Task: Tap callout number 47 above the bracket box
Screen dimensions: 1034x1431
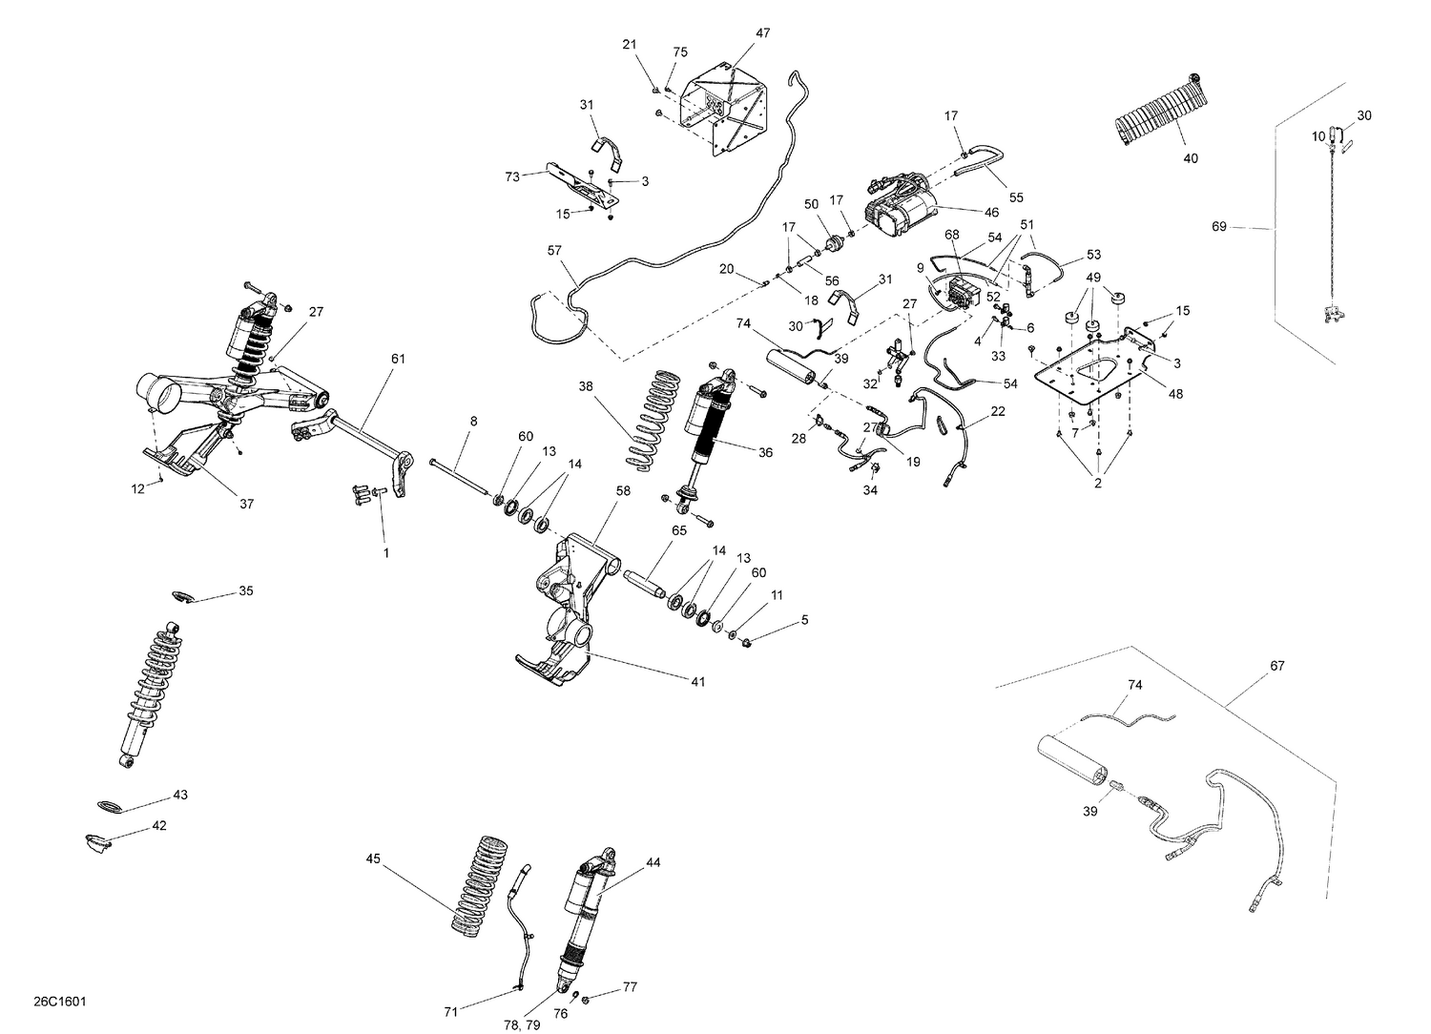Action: [x=762, y=33]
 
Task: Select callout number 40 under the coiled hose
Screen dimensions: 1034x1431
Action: [x=1190, y=158]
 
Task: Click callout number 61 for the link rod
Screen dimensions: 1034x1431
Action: [x=398, y=359]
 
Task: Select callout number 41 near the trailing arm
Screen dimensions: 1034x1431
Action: [x=698, y=681]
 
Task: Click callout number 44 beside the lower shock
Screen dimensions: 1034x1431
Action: [x=653, y=862]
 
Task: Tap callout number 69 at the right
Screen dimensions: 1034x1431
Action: [x=1218, y=227]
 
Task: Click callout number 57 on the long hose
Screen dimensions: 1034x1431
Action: [x=555, y=250]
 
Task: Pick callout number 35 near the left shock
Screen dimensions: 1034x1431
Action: [x=246, y=591]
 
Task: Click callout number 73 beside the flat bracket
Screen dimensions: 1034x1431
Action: [x=512, y=176]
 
